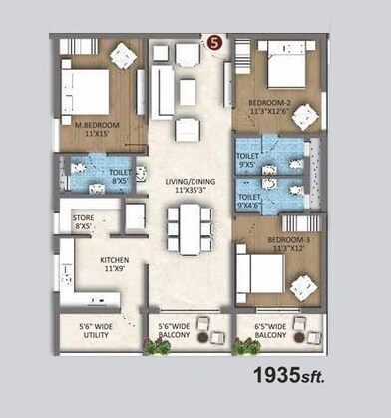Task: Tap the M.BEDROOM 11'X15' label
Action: (x=97, y=128)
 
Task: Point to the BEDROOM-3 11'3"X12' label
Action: (x=282, y=243)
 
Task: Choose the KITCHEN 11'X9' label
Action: (x=114, y=265)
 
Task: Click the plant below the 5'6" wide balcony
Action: (x=156, y=347)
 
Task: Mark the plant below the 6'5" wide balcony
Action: (x=243, y=347)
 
